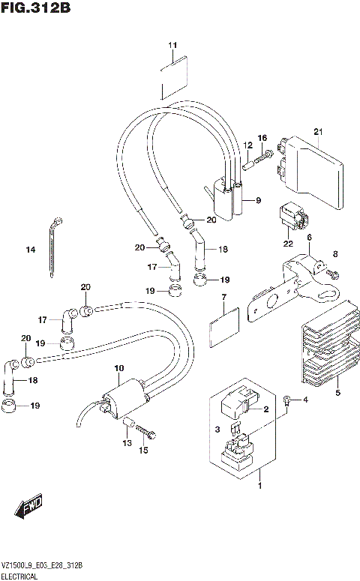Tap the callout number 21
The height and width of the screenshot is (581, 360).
coord(318,133)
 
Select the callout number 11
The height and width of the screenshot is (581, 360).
coord(172,46)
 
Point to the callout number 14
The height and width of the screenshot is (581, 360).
coord(31,250)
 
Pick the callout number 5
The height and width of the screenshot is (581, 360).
coord(337,393)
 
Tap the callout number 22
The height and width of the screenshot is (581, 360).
coord(287,244)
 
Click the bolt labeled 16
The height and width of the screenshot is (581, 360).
coord(262,157)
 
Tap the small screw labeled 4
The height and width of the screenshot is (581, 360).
coord(288,401)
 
